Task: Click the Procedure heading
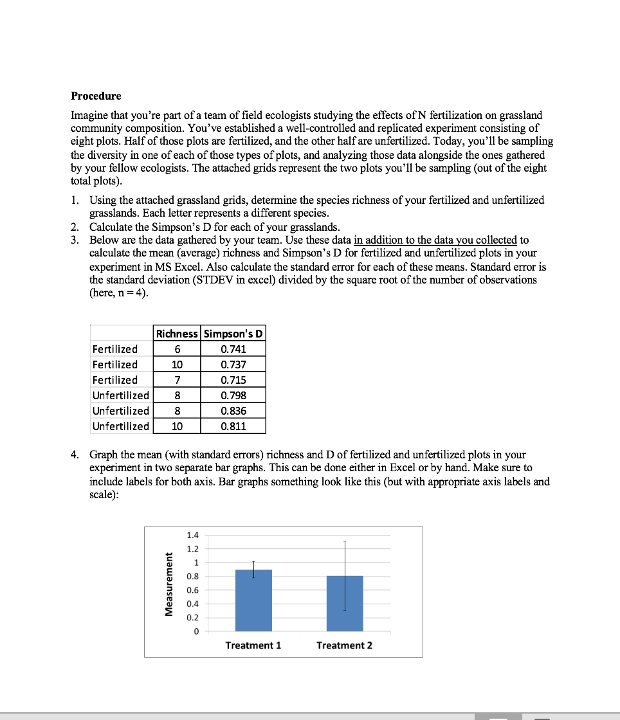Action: pos(96,96)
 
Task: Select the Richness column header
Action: pos(177,334)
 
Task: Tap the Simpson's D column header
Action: pos(233,334)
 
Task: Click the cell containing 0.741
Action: pos(233,349)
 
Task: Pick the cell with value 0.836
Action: pos(233,411)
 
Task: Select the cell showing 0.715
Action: pos(233,380)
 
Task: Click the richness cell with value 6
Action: pos(177,349)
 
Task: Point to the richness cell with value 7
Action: pos(177,380)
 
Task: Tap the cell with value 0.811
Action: pos(233,426)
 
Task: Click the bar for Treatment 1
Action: pos(253,604)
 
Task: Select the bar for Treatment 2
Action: pos(345,607)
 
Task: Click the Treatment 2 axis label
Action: pos(344,645)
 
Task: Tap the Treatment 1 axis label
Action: pos(253,645)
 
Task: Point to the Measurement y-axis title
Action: pos(170,584)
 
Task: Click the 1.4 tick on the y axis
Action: pos(192,535)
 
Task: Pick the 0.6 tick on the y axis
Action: pos(192,590)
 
